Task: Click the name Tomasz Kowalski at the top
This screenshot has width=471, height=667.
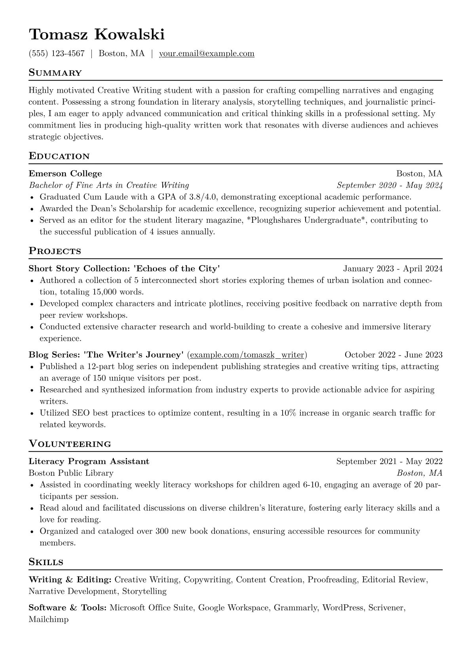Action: click(x=96, y=35)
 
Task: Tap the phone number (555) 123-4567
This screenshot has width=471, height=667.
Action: click(x=57, y=54)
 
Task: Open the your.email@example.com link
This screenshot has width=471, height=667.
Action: click(x=207, y=54)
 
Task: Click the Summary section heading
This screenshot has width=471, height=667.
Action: click(x=55, y=73)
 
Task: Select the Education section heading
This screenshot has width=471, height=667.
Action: click(x=59, y=156)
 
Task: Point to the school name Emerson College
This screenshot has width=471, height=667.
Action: click(x=65, y=174)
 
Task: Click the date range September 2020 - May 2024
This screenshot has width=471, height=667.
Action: click(x=389, y=185)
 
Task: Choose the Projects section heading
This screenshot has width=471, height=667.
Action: click(x=55, y=251)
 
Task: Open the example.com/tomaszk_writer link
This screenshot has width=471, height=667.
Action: click(x=247, y=355)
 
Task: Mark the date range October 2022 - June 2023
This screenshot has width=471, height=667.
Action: click(x=393, y=355)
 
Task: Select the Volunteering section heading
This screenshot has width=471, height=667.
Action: click(x=70, y=444)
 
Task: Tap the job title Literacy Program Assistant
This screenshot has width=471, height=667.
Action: click(x=89, y=461)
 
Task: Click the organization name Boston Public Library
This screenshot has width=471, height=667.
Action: click(x=71, y=473)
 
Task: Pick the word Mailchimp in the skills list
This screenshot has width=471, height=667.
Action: click(x=48, y=619)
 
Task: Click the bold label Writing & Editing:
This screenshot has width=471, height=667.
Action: click(x=70, y=580)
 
